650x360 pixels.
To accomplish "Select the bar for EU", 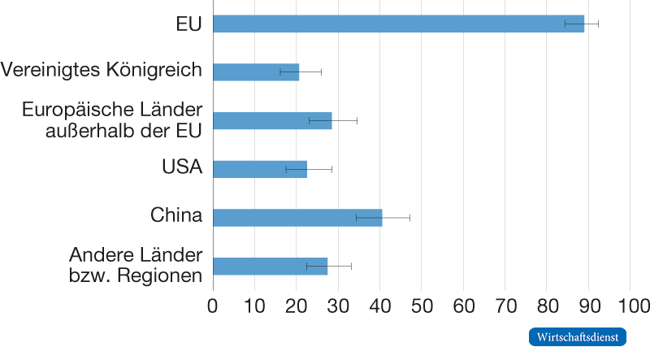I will (x=398, y=24).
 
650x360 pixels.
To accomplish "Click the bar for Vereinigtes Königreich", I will (x=256, y=72).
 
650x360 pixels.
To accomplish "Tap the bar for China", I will (x=297, y=218).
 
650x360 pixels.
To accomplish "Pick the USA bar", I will (x=260, y=169).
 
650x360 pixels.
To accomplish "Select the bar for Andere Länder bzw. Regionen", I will (x=271, y=267).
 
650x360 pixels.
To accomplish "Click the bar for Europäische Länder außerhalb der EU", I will (x=272, y=120).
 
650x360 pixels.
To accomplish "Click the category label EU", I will (x=188, y=24).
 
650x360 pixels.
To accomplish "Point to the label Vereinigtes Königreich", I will (x=102, y=71).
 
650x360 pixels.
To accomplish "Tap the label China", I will (x=175, y=216).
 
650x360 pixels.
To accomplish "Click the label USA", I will (x=182, y=167).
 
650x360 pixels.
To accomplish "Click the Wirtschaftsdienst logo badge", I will (x=578, y=336).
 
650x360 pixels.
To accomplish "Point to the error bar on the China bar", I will (x=383, y=218).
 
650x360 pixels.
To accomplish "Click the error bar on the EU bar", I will (x=582, y=24).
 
